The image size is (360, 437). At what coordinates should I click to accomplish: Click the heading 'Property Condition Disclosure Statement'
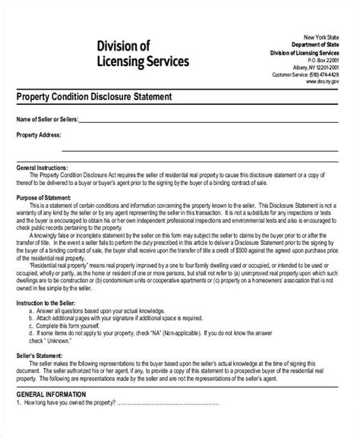tap(95, 98)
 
